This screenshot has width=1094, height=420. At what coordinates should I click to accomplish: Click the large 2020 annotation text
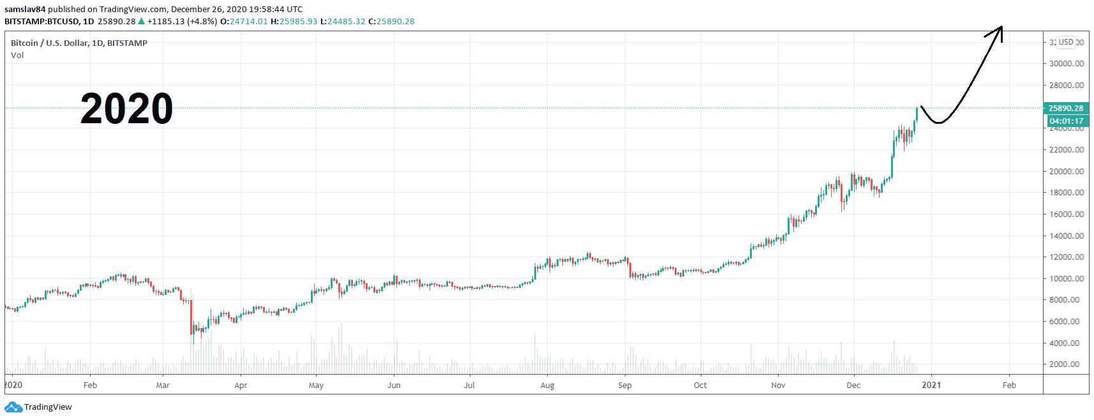(x=126, y=108)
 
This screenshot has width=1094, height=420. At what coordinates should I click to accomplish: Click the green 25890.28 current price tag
(x=1066, y=108)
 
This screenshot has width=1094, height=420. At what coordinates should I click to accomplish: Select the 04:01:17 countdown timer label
(x=1066, y=121)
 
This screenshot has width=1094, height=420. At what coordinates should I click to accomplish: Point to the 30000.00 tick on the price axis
(x=1067, y=64)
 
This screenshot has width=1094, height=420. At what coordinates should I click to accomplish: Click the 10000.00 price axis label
(x=1067, y=278)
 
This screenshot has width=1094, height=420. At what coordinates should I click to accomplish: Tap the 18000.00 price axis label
(x=1067, y=193)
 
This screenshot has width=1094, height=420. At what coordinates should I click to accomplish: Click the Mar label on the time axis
(x=163, y=385)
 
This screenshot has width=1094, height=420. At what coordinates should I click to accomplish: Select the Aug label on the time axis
(x=547, y=385)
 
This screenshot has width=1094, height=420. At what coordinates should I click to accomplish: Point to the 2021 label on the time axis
(x=931, y=385)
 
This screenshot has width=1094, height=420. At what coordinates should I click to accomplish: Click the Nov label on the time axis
(x=778, y=385)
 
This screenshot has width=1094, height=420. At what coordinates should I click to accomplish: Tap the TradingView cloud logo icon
(x=13, y=407)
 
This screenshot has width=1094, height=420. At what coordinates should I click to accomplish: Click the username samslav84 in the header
(x=25, y=9)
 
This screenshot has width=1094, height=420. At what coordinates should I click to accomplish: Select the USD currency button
(x=1066, y=42)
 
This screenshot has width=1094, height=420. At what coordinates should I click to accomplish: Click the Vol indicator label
(x=17, y=55)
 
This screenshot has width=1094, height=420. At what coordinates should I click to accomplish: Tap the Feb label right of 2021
(x=1009, y=385)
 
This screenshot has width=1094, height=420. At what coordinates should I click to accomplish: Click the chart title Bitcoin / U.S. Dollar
(x=49, y=43)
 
